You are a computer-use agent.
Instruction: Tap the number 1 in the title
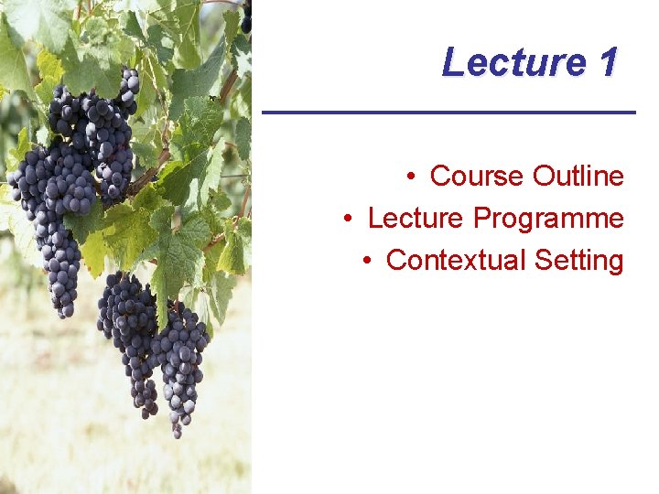click(x=608, y=62)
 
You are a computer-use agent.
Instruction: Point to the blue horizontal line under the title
click(x=448, y=112)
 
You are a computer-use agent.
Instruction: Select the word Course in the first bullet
click(x=477, y=176)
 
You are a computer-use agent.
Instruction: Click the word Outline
click(x=578, y=176)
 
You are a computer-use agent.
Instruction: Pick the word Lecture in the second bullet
click(x=416, y=219)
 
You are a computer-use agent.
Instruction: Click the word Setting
click(x=579, y=261)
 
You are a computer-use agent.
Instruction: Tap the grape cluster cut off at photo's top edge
click(x=245, y=16)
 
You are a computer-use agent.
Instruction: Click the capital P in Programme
click(x=481, y=219)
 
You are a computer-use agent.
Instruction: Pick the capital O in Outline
click(x=541, y=176)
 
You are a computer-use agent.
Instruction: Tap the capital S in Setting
click(x=543, y=261)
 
